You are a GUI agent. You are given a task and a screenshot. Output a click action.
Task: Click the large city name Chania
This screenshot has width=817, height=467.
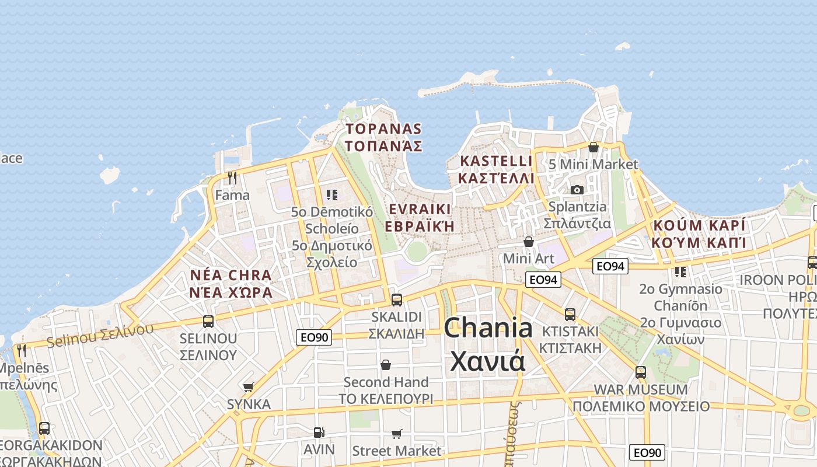(488, 344)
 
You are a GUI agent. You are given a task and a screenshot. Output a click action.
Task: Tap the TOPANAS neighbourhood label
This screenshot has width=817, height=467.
(383, 137)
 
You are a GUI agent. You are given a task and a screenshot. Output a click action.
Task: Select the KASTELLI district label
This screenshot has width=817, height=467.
(496, 169)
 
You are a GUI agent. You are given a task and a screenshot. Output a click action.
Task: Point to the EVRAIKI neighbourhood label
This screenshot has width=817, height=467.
(420, 218)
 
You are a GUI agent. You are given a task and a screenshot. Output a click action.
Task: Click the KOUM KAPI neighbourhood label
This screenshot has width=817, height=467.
(700, 233)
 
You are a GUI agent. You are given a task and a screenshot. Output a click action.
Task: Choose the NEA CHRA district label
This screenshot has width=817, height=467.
(231, 283)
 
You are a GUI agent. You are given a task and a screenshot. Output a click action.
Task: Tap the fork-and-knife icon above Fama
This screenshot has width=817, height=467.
(232, 177)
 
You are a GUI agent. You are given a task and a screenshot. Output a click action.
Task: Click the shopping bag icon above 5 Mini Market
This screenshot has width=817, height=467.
(593, 147)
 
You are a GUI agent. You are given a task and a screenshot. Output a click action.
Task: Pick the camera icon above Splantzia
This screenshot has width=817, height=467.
(577, 190)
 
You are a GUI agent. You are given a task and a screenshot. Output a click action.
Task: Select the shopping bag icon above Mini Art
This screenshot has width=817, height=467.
(529, 241)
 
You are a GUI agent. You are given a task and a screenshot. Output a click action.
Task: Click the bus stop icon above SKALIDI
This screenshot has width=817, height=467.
(397, 300)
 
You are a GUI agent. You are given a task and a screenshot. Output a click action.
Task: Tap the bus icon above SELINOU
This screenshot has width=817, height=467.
(208, 321)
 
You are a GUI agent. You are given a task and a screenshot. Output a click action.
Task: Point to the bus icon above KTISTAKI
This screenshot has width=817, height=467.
(570, 314)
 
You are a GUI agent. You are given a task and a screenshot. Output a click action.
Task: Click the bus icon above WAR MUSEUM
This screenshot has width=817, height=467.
(641, 372)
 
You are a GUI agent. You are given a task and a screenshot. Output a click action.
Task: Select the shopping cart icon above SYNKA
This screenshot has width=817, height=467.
(249, 387)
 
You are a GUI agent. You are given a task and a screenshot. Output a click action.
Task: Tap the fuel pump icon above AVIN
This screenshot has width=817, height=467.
(319, 433)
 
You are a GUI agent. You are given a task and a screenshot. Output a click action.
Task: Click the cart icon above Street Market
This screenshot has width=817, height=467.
(397, 434)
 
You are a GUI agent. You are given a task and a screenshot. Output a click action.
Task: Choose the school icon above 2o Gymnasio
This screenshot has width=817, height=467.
(680, 271)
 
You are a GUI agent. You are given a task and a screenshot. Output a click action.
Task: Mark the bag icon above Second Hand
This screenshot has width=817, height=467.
(386, 365)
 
